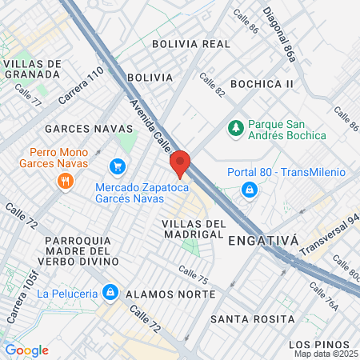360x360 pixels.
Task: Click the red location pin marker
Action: (x=180, y=162)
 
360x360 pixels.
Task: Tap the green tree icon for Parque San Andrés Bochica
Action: (x=235, y=127)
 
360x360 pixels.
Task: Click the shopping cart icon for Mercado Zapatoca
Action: (x=118, y=166)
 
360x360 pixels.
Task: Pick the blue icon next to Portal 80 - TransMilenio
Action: (x=250, y=190)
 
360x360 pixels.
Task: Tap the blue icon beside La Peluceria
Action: (x=111, y=293)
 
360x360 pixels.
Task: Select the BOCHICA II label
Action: (x=262, y=83)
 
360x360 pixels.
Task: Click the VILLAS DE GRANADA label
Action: (x=32, y=68)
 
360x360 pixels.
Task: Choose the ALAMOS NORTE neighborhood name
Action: (x=171, y=294)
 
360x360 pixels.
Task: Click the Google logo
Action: (x=26, y=350)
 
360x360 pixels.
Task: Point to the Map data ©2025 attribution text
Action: (x=326, y=354)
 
